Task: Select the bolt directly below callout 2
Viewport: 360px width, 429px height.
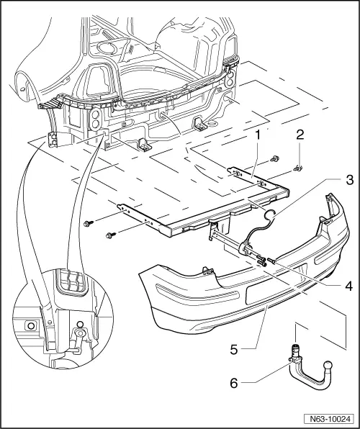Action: click(x=298, y=169)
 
